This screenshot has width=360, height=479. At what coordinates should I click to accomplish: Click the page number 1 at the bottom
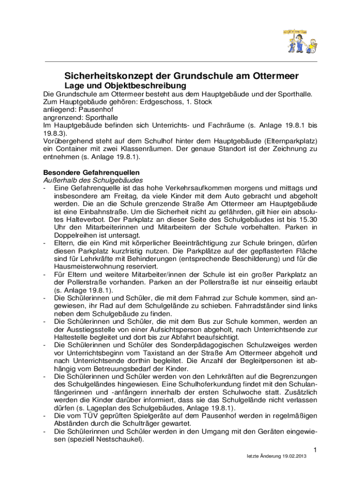[x=315, y=450]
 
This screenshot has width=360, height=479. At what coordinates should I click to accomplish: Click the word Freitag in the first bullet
[x=120, y=196]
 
